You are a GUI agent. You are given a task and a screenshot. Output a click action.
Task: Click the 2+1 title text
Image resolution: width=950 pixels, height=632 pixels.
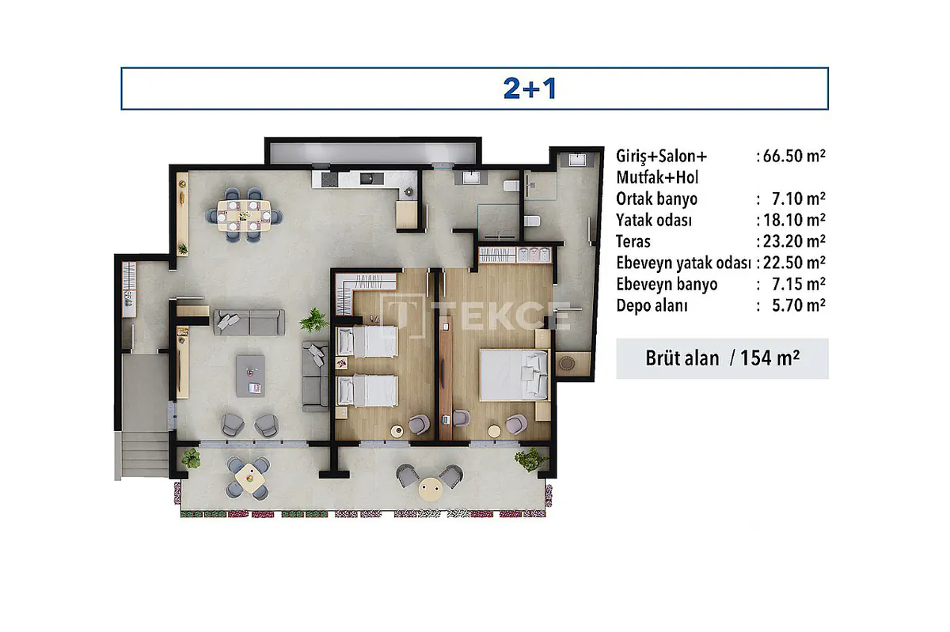click(530, 89)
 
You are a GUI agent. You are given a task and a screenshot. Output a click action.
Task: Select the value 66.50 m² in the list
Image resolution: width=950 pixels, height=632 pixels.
click(794, 156)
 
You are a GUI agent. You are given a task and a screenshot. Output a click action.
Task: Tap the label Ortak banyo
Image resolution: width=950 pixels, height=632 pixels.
click(656, 199)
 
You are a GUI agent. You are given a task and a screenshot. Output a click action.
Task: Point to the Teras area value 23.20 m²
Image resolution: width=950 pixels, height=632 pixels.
click(794, 241)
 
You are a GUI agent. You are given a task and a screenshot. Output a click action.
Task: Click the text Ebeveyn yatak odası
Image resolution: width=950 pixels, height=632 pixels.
click(684, 263)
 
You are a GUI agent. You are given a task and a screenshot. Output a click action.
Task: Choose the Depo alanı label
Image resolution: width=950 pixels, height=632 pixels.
click(652, 305)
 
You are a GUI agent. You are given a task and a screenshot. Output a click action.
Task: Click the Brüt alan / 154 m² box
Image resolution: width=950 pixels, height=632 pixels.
click(722, 358)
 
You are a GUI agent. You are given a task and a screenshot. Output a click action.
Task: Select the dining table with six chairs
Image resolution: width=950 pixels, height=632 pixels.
click(245, 215)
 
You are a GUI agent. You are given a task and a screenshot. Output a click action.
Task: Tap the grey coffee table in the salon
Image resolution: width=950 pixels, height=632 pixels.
click(250, 377)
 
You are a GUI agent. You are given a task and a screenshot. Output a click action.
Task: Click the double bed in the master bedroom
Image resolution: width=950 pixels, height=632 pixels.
click(514, 375)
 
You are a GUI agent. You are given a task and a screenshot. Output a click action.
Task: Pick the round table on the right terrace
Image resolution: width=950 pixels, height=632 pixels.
click(430, 490)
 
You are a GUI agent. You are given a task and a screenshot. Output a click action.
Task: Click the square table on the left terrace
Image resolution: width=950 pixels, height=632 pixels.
click(250, 478)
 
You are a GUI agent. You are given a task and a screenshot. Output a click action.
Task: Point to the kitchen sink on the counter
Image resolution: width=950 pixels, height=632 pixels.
click(371, 179)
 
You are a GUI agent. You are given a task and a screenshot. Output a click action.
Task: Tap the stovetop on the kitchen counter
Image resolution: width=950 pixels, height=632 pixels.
click(329, 180)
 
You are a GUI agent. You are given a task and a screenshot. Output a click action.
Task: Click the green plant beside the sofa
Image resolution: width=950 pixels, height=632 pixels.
click(313, 320)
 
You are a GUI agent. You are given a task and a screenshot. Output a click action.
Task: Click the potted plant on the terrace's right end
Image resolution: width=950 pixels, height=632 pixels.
click(530, 459)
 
